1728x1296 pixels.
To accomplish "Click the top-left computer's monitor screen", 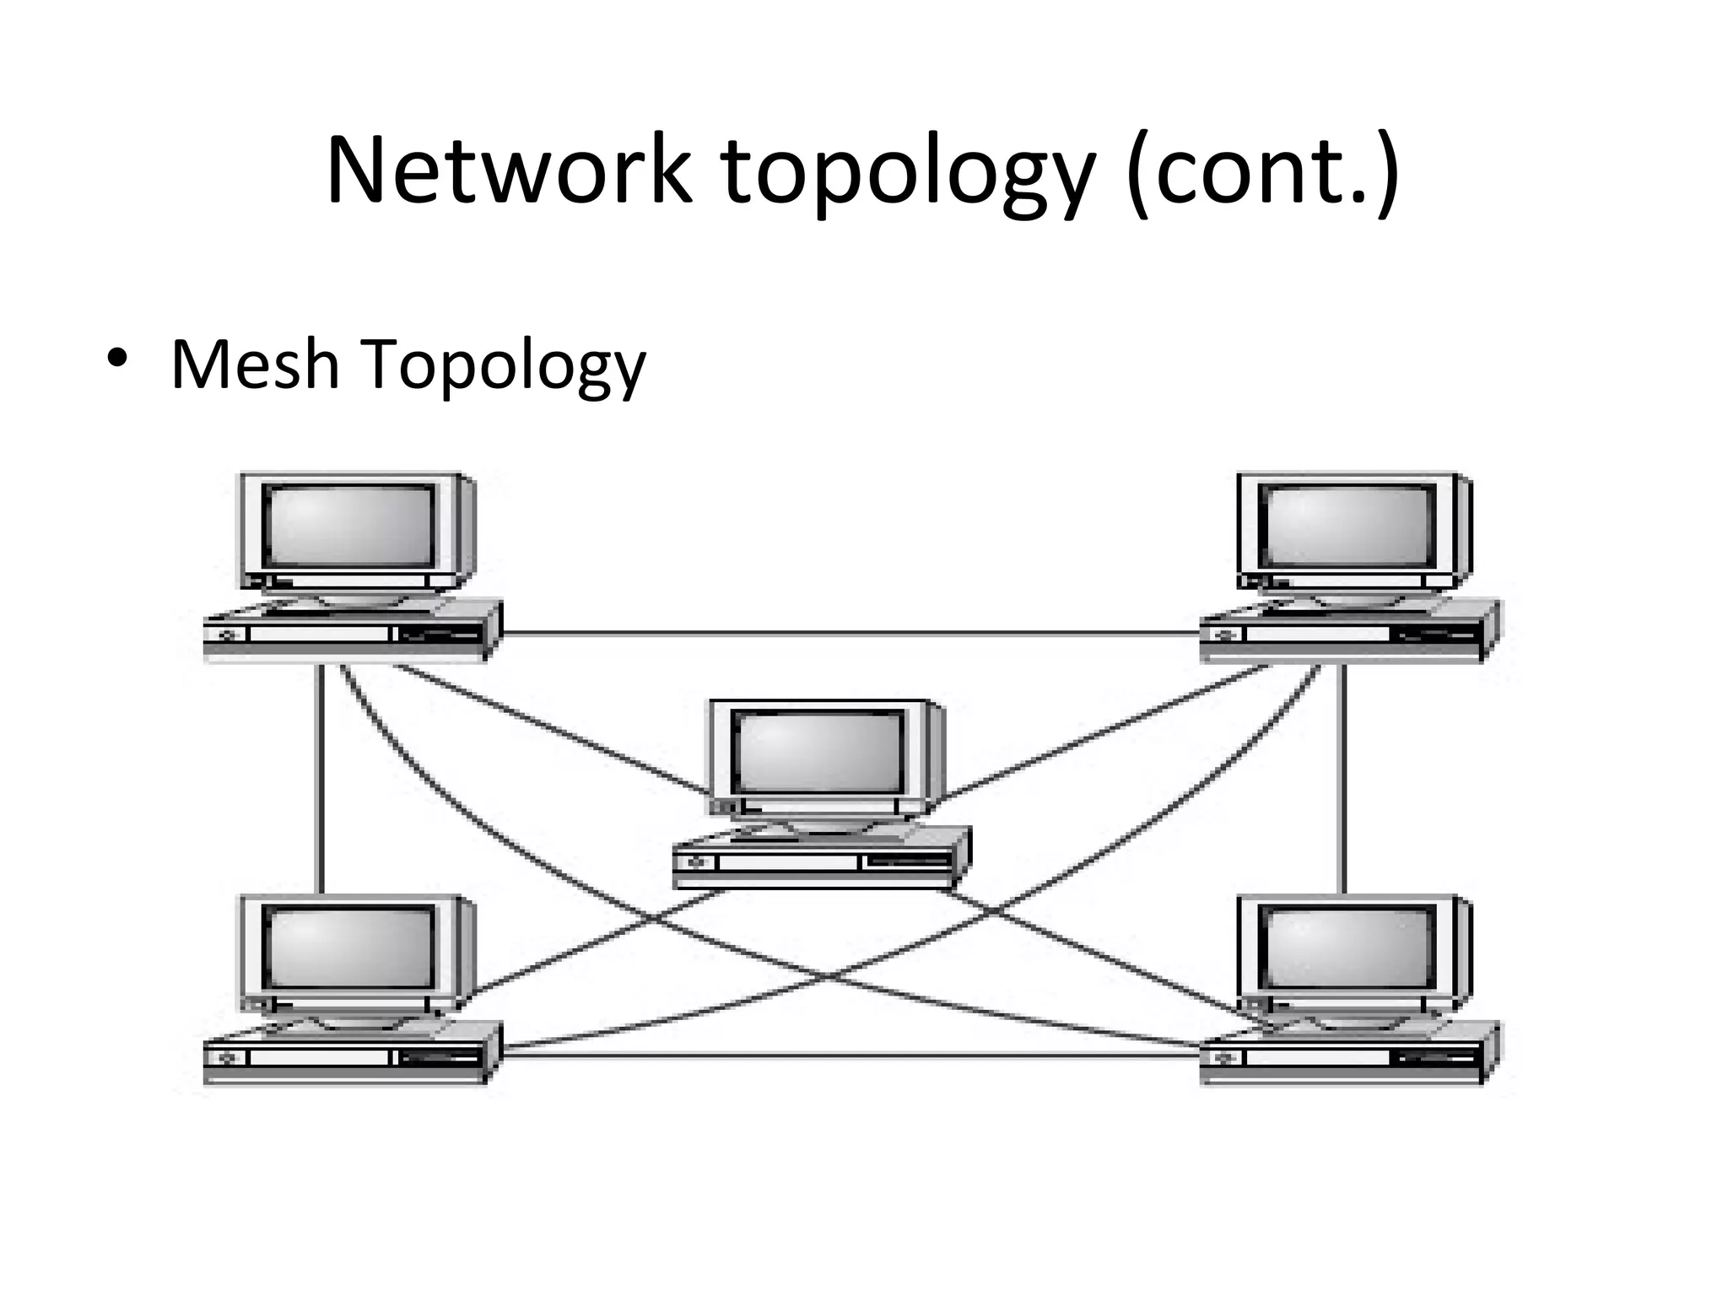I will pyautogui.click(x=348, y=525).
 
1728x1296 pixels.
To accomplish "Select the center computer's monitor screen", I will pyautogui.click(x=817, y=752).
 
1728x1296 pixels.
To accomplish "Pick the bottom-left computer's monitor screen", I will pyautogui.click(x=348, y=947).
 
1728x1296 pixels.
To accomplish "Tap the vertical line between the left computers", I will pyautogui.click(x=320, y=776).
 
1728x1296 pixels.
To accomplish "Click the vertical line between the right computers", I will pyautogui.click(x=1343, y=776).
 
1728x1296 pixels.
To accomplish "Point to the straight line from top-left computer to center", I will pyautogui.click(x=548, y=730).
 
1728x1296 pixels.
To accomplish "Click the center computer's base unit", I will pyautogui.click(x=818, y=862).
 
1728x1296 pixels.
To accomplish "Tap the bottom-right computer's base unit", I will pyautogui.click(x=1345, y=1056).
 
